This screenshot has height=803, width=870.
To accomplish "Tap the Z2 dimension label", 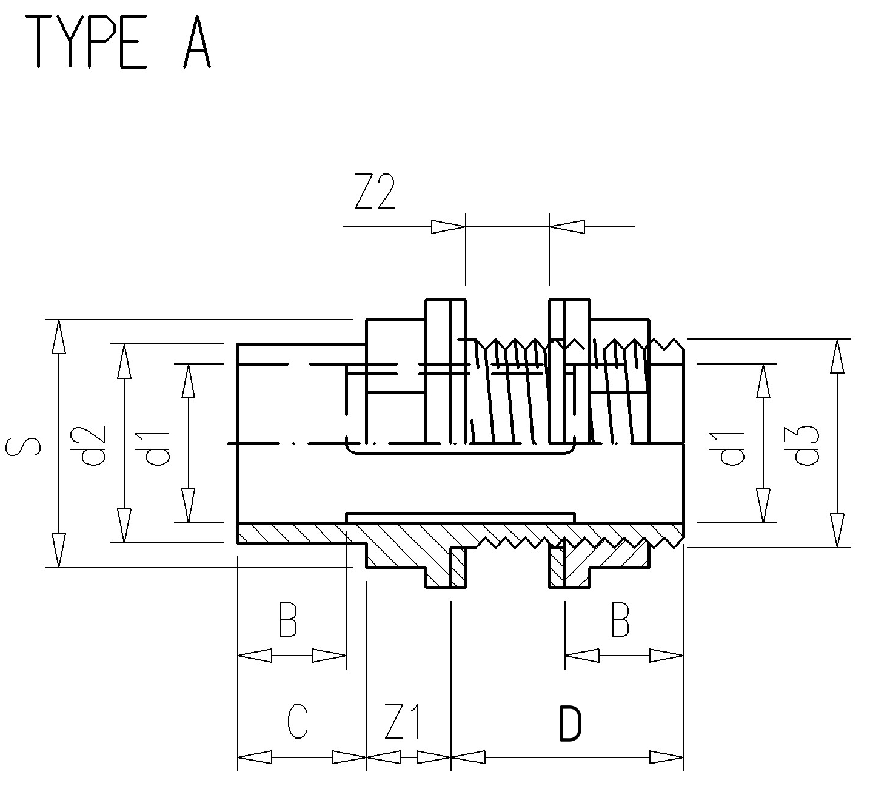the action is pos(375,192).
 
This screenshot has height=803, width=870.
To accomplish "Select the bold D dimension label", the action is pos(571,723).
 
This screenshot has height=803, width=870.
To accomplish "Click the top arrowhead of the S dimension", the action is pos(59,337).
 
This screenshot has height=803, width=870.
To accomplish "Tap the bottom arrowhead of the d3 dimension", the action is pos(837,530).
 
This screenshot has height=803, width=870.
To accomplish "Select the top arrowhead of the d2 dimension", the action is pos(124,361).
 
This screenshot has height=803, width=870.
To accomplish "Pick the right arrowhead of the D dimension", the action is pos(666,757).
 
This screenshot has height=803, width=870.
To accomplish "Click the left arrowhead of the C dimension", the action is pos(255,757).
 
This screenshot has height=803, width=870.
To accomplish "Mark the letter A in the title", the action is pos(197,42).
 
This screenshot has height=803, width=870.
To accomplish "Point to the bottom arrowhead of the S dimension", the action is pos(59,550).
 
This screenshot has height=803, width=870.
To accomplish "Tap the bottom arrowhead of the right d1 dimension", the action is pos(763,505).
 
